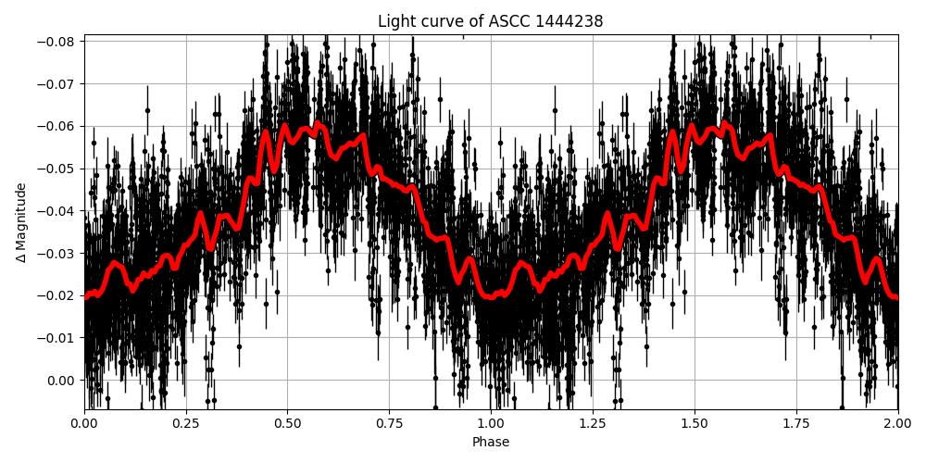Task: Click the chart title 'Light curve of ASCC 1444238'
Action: (x=490, y=21)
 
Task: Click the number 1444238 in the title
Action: (x=569, y=21)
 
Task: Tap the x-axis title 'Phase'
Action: (x=490, y=443)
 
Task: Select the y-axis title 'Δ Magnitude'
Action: (x=20, y=222)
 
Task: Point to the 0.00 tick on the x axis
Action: (x=84, y=423)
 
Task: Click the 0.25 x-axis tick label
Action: (x=186, y=423)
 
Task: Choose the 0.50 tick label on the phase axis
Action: (x=287, y=423)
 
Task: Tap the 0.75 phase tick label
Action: (x=389, y=423)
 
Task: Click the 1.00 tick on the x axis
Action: (x=491, y=423)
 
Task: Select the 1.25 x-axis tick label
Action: (x=593, y=423)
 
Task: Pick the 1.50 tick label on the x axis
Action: (x=694, y=423)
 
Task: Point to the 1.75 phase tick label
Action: (x=796, y=423)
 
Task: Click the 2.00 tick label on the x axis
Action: (x=897, y=423)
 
